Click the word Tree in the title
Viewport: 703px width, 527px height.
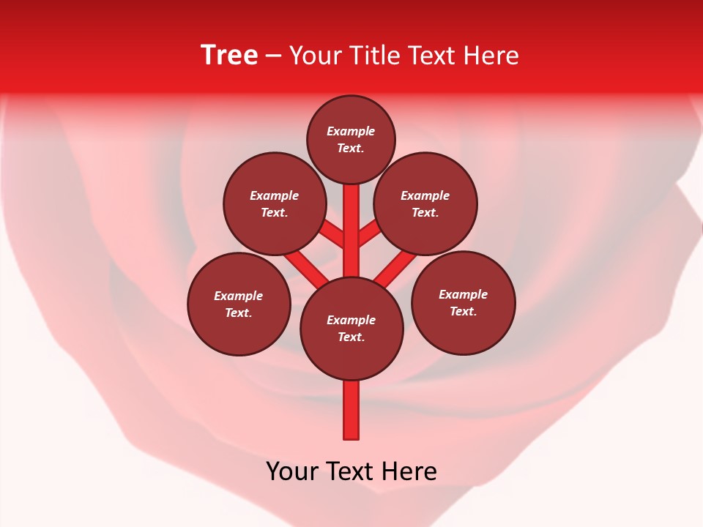pos(229,56)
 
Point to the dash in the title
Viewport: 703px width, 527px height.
pos(274,56)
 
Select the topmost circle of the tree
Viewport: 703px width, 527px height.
pos(351,140)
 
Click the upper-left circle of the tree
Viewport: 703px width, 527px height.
pos(274,204)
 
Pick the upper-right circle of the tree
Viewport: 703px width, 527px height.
pos(425,204)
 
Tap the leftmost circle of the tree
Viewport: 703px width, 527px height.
pos(239,304)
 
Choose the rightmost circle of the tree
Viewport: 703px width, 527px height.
pos(463,303)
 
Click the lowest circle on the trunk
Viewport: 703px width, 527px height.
pos(351,329)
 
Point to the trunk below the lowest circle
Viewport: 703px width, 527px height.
pos(351,410)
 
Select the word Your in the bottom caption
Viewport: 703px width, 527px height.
pos(292,471)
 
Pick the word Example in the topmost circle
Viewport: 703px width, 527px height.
pos(351,132)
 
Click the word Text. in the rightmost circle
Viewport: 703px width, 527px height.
pos(463,312)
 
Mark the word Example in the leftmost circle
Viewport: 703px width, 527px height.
pos(239,296)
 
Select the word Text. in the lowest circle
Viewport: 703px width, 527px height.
pos(351,337)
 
